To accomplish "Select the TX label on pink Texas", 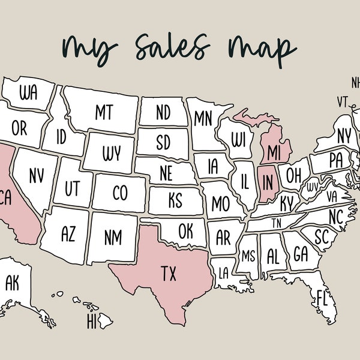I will tap(169, 274).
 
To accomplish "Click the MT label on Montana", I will tap(103, 111).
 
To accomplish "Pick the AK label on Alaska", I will tap(12, 283).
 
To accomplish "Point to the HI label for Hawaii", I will tap(91, 322).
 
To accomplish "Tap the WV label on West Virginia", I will tap(313, 187).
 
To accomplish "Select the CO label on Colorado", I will tap(120, 193).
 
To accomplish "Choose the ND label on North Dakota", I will tap(163, 112).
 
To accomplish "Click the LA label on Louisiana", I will tap(223, 273).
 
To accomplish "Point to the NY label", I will tap(344, 136).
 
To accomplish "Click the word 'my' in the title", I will tap(88, 48).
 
